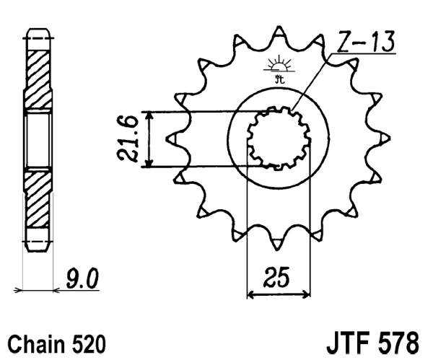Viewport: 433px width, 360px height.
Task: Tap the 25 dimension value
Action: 278,278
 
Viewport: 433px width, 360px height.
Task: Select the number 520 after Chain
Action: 87,341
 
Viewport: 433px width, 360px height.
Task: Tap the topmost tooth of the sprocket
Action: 278,35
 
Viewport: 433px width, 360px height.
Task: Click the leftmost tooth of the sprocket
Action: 171,137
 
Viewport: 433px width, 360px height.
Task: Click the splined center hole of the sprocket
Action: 278,138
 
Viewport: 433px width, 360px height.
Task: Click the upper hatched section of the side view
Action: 38,72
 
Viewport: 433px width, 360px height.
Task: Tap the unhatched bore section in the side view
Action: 38,139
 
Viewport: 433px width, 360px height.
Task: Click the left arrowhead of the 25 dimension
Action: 252,294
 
